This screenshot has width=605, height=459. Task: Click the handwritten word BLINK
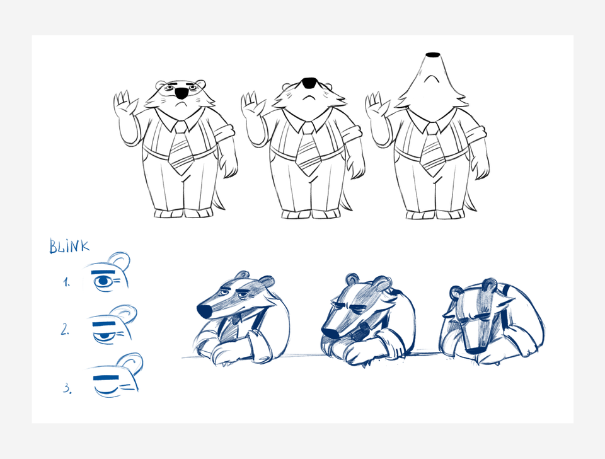69,246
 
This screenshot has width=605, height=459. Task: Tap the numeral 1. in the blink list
67,282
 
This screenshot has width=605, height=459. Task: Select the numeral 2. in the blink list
65,329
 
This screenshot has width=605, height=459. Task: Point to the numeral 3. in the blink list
67,388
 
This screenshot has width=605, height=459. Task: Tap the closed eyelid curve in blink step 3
107,392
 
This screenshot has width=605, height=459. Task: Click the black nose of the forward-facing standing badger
181,93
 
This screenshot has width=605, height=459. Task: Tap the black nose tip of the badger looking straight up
433,54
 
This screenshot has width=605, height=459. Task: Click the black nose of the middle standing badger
309,83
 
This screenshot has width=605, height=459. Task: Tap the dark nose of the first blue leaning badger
204,311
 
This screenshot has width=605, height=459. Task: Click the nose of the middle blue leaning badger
330,333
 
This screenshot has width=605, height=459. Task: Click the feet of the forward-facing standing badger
183,213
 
